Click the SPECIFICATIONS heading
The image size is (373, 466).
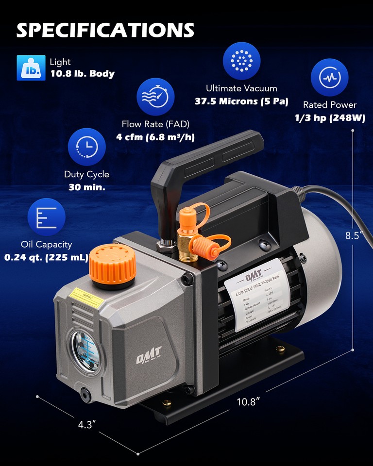105,30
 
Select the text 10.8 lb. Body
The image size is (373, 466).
82,74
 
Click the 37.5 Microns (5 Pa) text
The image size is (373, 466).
241,101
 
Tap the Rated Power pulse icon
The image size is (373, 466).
330,77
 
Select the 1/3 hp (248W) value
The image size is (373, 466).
330,118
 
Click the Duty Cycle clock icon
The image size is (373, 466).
86,147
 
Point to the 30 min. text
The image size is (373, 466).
86,187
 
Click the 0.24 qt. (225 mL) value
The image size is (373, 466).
46,257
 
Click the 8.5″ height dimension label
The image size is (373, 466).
355,236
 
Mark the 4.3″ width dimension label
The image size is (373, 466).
87,425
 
